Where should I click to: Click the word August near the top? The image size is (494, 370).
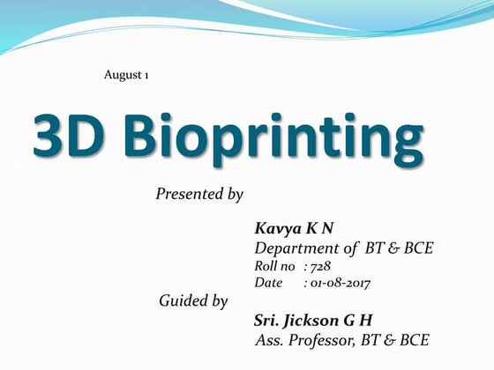[120, 75]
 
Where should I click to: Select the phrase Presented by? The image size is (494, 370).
[199, 194]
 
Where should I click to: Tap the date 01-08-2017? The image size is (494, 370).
[340, 283]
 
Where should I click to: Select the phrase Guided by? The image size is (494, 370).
[193, 301]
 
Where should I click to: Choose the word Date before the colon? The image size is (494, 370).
[269, 283]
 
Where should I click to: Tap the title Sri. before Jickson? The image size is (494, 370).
[266, 320]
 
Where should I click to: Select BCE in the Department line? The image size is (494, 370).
[415, 248]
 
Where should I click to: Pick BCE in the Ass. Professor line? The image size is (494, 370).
[415, 339]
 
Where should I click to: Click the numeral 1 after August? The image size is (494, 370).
[146, 75]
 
